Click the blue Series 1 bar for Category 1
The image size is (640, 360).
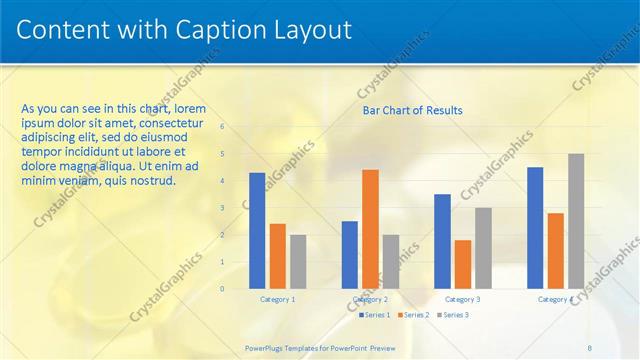pos(257,230)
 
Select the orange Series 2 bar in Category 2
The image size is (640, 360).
pos(370,228)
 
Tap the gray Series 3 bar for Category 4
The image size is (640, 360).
pos(576,220)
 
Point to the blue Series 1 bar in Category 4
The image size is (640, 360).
pos(535,227)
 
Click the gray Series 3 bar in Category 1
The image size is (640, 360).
pos(298,261)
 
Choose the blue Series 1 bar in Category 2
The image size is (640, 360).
pos(350,254)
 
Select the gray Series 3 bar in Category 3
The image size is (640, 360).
pos(483,248)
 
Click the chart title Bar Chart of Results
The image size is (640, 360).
pos(412,110)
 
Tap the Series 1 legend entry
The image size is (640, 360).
pos(373,315)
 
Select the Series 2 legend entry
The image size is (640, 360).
pos(414,315)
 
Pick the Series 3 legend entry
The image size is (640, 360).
pos(455,315)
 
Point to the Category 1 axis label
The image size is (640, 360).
pos(278,299)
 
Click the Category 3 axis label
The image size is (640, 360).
pos(463,299)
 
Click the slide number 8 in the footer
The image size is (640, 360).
pos(589,347)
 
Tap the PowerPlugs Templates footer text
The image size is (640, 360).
pos(320,347)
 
